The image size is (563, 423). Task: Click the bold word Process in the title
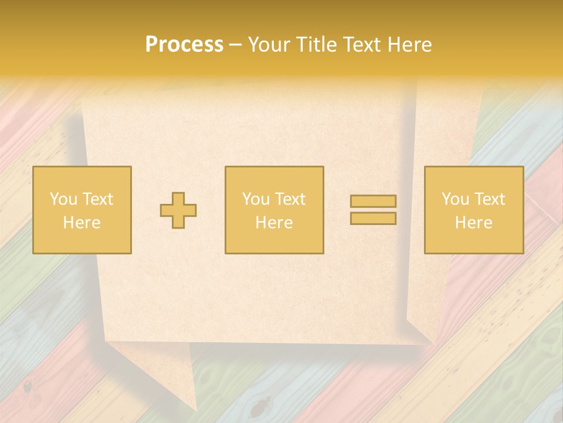[x=184, y=45]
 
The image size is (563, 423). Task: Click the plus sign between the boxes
[x=178, y=210]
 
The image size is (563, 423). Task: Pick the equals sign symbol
[x=373, y=210]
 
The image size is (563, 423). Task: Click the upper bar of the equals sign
[x=373, y=202]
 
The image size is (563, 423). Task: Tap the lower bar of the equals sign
[x=373, y=218]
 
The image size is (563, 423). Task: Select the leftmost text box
[x=82, y=210]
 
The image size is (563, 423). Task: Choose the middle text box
[x=274, y=210]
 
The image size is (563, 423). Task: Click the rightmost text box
[x=474, y=210]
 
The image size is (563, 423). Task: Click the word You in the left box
[x=63, y=199]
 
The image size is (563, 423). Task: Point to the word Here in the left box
[x=82, y=223]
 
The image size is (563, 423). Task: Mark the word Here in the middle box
[x=274, y=223]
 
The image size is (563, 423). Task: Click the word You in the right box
[x=455, y=199]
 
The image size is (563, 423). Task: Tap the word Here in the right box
[x=474, y=223]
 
